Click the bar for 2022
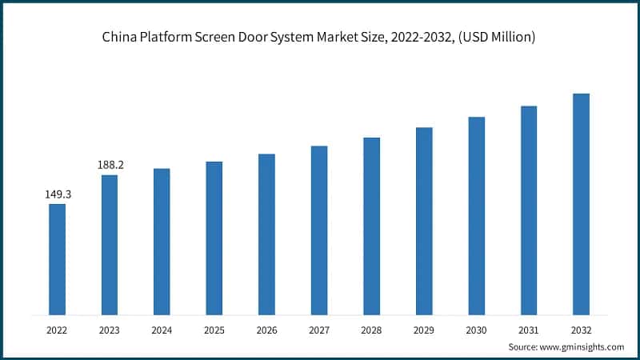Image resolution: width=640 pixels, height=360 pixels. (x=57, y=259)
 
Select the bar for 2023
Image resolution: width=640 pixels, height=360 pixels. (x=110, y=245)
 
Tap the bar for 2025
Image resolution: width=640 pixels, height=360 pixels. (x=214, y=238)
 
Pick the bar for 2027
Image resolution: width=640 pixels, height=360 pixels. (x=319, y=230)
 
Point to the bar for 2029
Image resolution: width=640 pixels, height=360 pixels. (x=424, y=221)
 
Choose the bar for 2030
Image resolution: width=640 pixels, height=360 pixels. (x=476, y=216)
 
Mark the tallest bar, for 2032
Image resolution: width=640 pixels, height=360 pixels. (x=581, y=204)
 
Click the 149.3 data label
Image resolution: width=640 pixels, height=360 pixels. (x=57, y=194)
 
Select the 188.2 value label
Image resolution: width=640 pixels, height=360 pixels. (x=110, y=165)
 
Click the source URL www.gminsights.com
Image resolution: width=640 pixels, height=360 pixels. (x=582, y=346)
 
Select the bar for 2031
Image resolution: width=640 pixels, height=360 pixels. (x=528, y=210)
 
